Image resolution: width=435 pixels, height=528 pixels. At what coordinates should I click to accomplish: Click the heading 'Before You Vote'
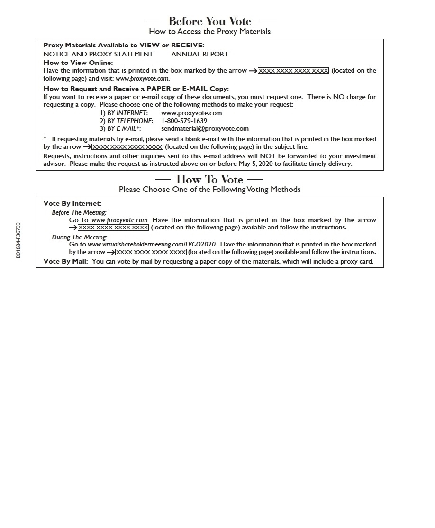pos(210,21)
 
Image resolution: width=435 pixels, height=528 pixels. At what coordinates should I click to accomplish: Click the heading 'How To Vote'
pos(209,180)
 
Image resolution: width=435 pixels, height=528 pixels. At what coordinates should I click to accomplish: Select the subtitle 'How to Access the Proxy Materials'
pos(210,32)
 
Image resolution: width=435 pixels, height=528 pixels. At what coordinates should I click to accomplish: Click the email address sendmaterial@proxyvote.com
pos(205,128)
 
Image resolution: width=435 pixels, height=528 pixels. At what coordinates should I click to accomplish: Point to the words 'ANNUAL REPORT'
pos(199,54)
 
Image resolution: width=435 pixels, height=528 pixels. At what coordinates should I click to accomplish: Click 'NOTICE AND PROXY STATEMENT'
pos(98,54)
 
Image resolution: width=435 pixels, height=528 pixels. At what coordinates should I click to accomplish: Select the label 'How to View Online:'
pos(78,63)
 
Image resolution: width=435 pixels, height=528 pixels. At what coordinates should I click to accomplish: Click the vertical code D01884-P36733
pos(18,240)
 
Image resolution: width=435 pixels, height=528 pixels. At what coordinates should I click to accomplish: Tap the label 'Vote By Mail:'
pos(65,261)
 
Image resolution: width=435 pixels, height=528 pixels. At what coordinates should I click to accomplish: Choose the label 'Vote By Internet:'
pos(72,204)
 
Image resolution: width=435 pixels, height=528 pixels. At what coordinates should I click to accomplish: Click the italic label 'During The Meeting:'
pos(80,237)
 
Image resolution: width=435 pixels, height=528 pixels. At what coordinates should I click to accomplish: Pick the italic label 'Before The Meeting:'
pos(79,213)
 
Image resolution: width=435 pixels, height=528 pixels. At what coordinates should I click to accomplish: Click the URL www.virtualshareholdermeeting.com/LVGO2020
pos(152,245)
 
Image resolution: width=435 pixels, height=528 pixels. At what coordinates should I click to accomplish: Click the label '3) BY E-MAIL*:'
pos(120,128)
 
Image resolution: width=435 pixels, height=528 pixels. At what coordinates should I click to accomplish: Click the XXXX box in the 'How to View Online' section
pos(293,71)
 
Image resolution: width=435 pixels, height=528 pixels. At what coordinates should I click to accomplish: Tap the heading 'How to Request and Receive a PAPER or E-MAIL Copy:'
pos(136,89)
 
